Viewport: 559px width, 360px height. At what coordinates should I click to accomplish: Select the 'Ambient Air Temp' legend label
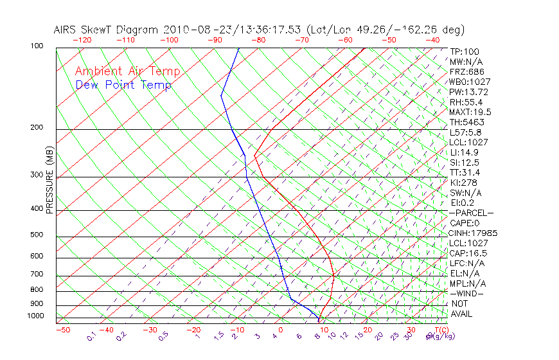point(128,71)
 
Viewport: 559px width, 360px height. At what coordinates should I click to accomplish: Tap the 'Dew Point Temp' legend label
point(123,85)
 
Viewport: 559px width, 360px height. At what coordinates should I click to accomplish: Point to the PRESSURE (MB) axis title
point(49,180)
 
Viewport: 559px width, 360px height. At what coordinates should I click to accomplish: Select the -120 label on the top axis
point(82,40)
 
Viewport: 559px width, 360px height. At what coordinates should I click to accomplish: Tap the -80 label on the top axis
point(257,40)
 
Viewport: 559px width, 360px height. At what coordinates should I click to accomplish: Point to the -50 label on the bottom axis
point(62,330)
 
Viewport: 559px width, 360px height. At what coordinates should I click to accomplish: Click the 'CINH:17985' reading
point(474,233)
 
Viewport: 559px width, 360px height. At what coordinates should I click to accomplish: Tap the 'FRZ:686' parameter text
point(467,71)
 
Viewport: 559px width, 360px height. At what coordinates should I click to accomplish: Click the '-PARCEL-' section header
point(472,213)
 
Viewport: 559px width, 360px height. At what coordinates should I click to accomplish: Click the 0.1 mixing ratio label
point(91,336)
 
